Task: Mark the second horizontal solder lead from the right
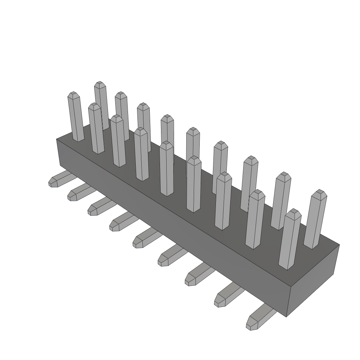point(227,295)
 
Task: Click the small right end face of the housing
point(313,281)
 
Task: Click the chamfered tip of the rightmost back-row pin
point(319,193)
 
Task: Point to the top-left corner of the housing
point(57,139)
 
